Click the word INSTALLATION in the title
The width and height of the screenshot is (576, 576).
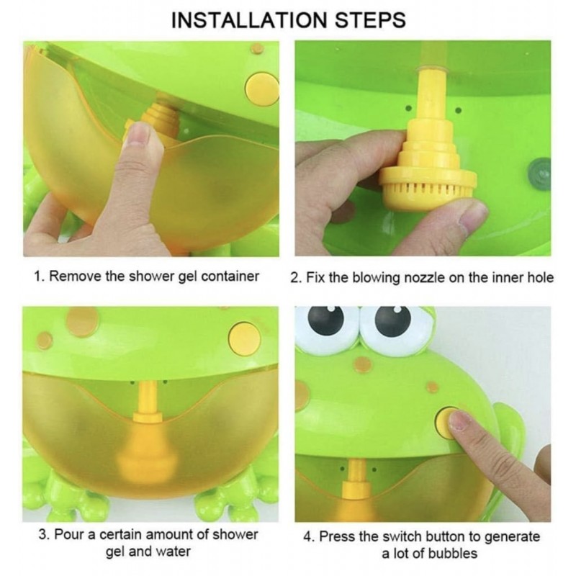(x=249, y=20)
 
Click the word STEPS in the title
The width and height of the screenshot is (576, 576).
(x=370, y=20)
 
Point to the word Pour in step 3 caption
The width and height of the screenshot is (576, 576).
(x=69, y=534)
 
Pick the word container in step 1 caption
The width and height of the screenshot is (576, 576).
(x=230, y=276)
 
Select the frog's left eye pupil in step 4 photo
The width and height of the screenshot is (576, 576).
(x=325, y=319)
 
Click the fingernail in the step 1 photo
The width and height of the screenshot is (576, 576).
(x=140, y=135)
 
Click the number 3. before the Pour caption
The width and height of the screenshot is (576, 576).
(x=44, y=534)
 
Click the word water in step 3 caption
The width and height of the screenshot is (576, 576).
(x=173, y=552)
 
